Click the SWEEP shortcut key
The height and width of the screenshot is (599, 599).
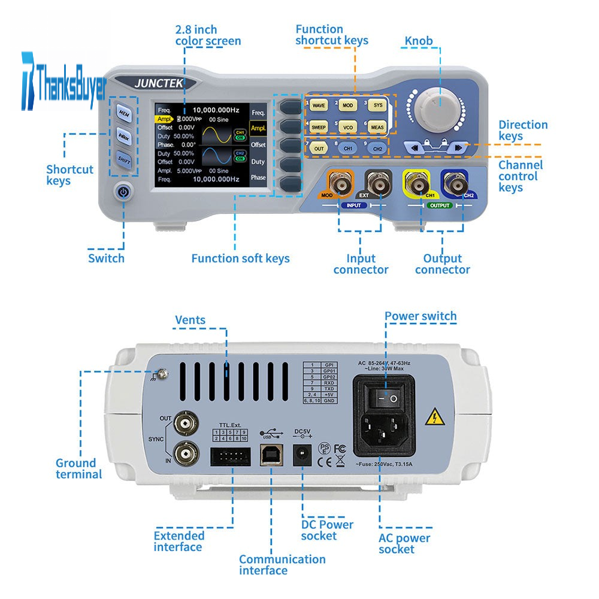(318, 127)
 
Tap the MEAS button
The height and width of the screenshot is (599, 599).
(377, 127)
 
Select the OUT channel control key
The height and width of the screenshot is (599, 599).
(319, 148)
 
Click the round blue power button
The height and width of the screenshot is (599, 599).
(123, 192)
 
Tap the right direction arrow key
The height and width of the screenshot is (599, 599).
(458, 147)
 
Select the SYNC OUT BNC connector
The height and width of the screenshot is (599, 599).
(186, 425)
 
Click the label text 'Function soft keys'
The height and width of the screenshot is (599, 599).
(240, 259)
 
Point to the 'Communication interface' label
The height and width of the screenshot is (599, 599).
(282, 564)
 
